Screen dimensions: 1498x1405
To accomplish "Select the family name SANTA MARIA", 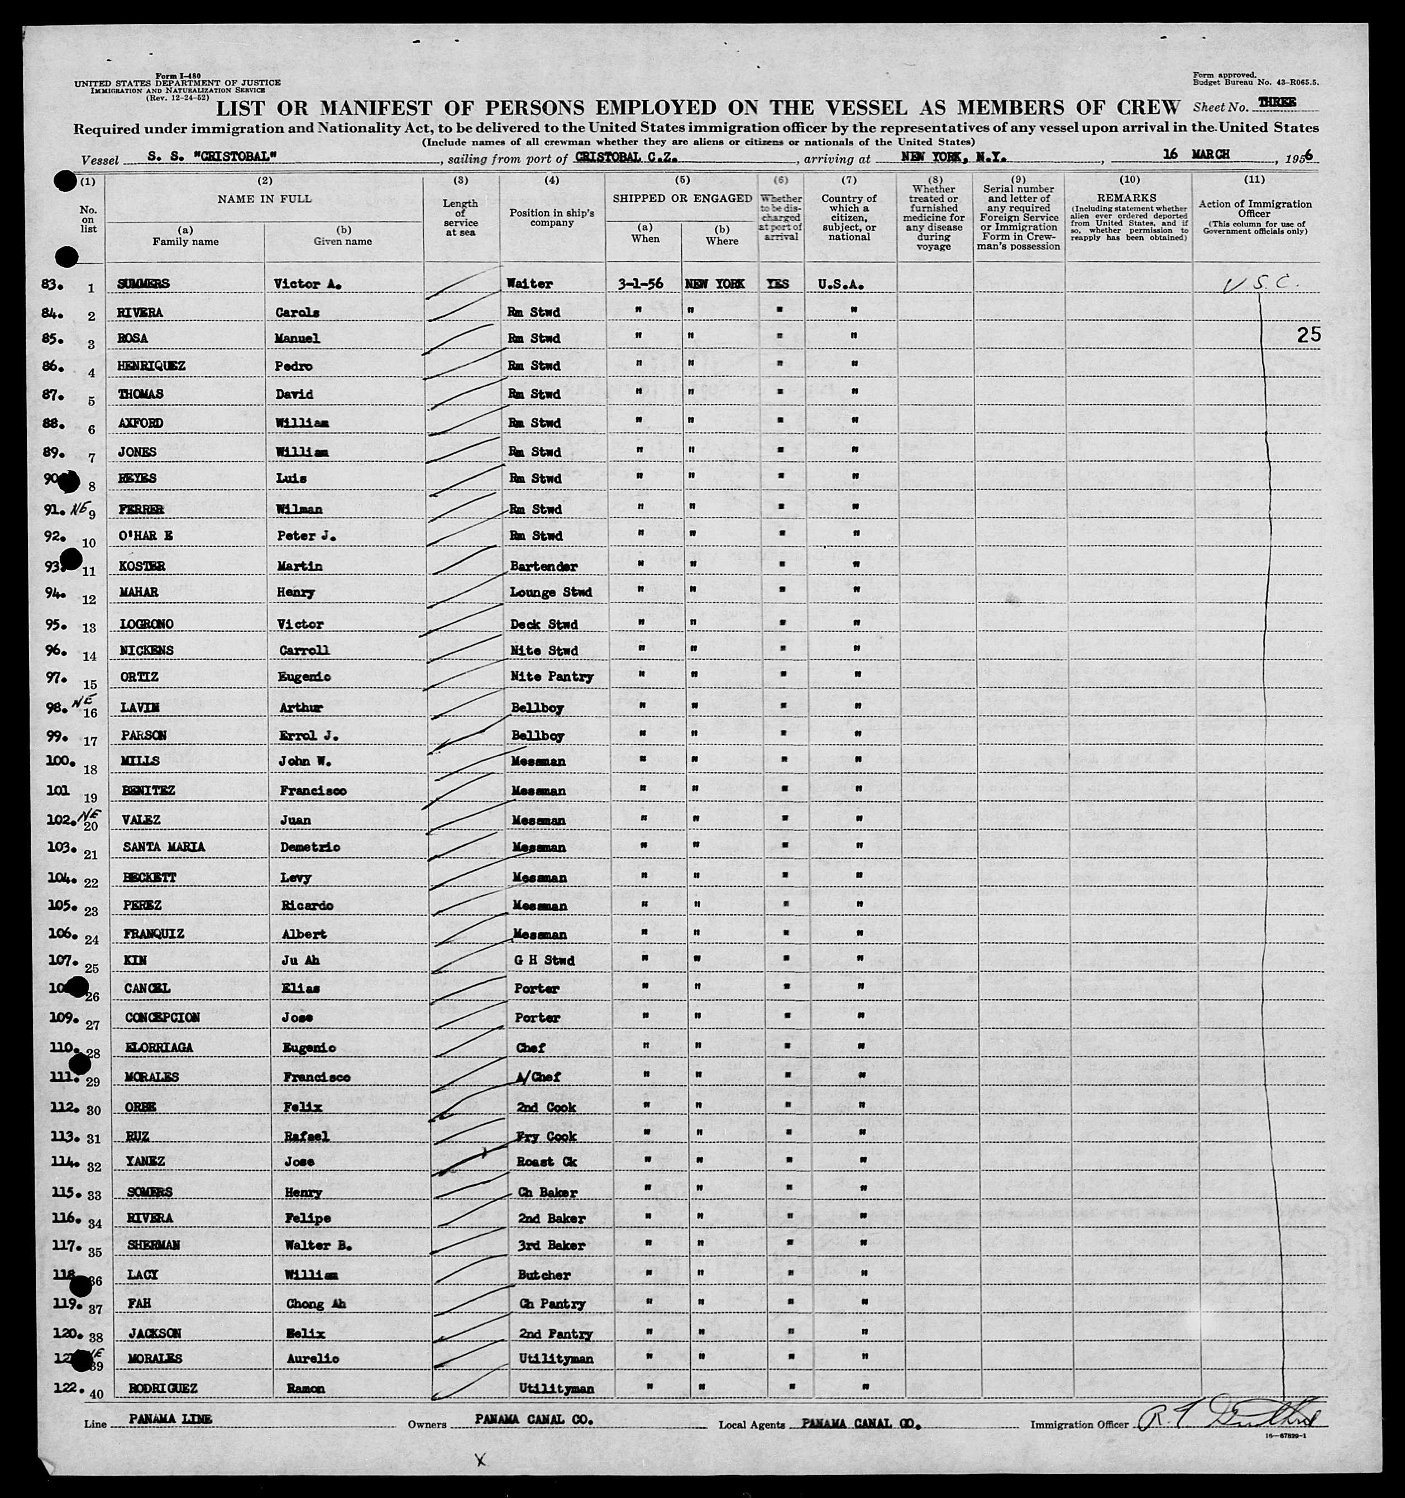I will click(164, 847).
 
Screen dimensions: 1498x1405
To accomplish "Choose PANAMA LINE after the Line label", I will click(170, 1419).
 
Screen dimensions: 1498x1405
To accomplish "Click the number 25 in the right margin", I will click(1308, 335).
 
